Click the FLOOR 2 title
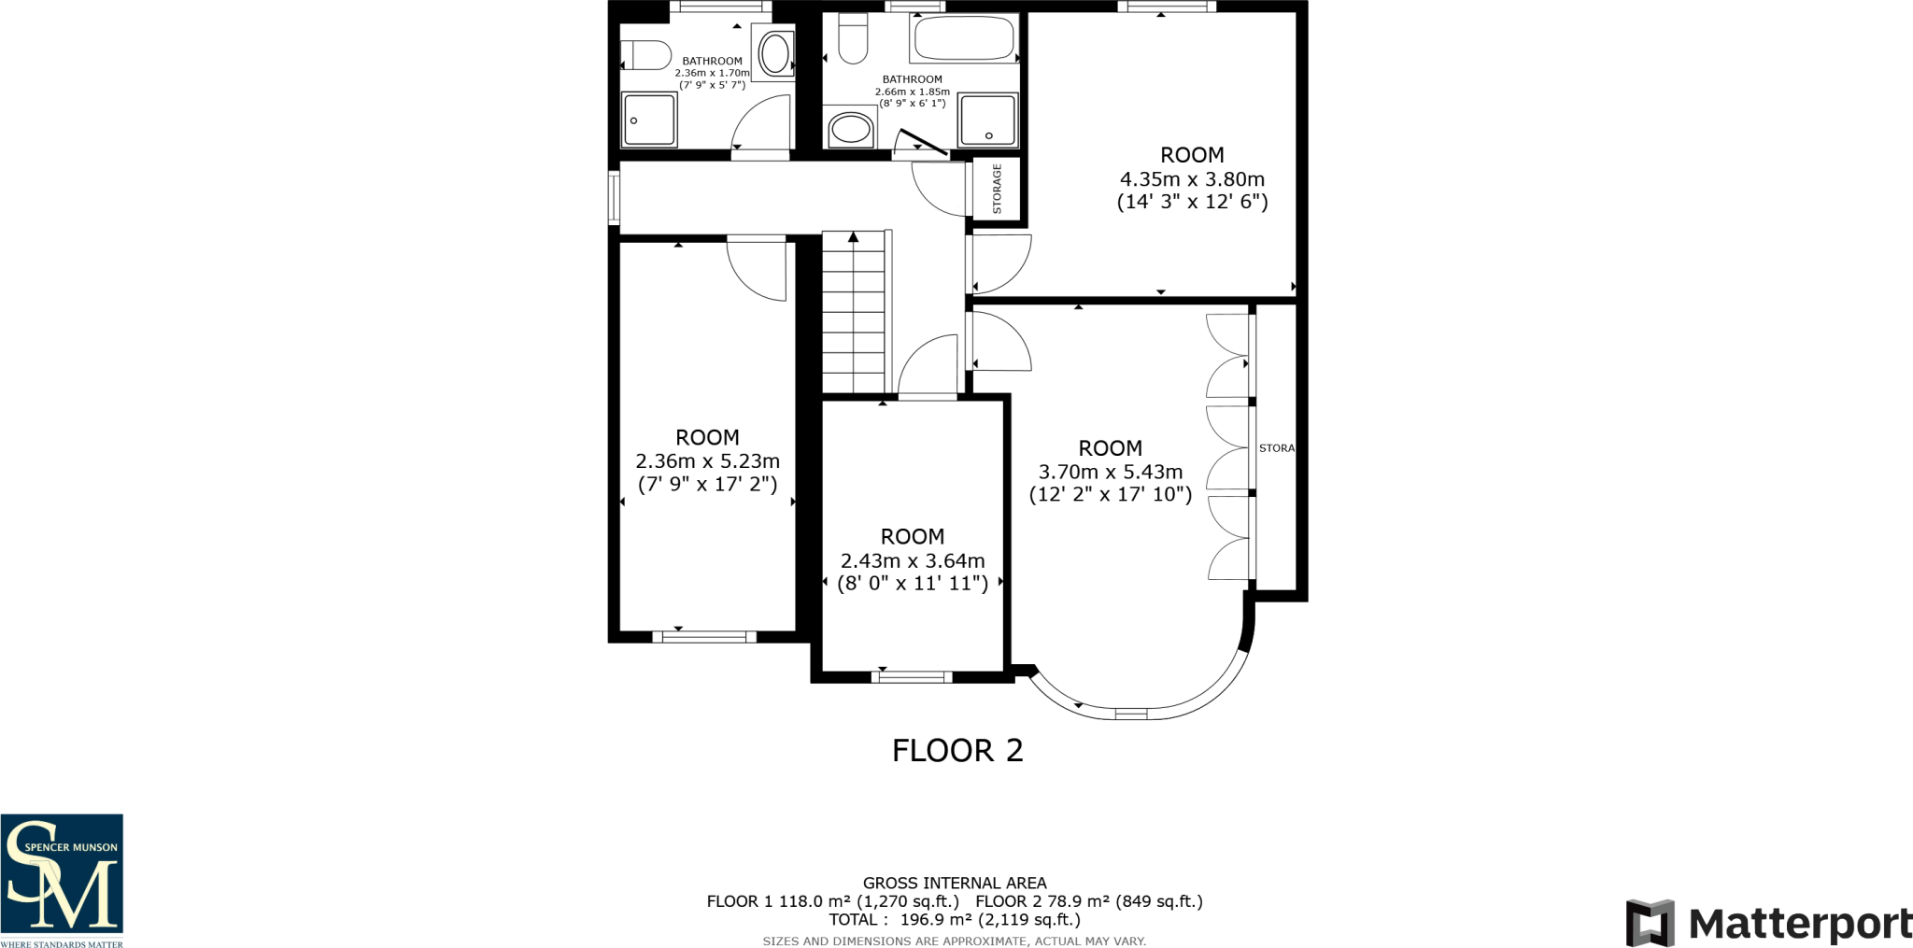[957, 751]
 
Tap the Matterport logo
[1769, 924]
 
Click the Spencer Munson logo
[62, 881]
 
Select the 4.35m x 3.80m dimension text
[1192, 179]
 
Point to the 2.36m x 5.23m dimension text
[707, 461]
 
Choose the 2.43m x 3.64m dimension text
[913, 561]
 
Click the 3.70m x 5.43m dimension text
[1111, 473]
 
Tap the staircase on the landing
[854, 312]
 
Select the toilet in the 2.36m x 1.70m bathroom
[646, 55]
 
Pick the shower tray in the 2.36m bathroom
[649, 120]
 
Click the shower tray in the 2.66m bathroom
[987, 120]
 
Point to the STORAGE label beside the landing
[997, 189]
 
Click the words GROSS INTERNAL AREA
[955, 884]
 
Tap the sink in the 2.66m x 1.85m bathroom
[850, 129]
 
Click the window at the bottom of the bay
[1130, 715]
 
